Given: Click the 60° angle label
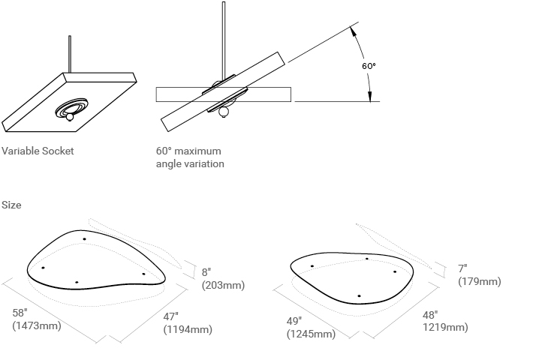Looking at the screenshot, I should coord(368,66).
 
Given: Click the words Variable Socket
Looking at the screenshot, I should coord(38,151).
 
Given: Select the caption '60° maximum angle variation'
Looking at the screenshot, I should coord(191,157).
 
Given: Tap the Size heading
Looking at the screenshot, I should coord(11,205).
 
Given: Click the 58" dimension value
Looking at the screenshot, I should coord(21,313).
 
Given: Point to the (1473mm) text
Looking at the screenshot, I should coord(37,325).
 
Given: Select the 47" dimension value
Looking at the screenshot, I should coord(172,316).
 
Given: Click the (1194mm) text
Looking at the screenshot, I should coord(188,329).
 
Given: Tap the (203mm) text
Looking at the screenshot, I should coord(223,286).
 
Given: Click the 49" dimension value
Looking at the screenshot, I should coord(294,321).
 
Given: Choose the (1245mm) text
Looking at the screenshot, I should coord(311,334).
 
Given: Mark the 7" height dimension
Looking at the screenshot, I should coord(463,268).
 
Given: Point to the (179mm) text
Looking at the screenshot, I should coord(479,281).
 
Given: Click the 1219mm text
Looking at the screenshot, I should coord(445,328).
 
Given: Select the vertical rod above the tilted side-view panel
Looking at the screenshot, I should coord(223,37).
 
